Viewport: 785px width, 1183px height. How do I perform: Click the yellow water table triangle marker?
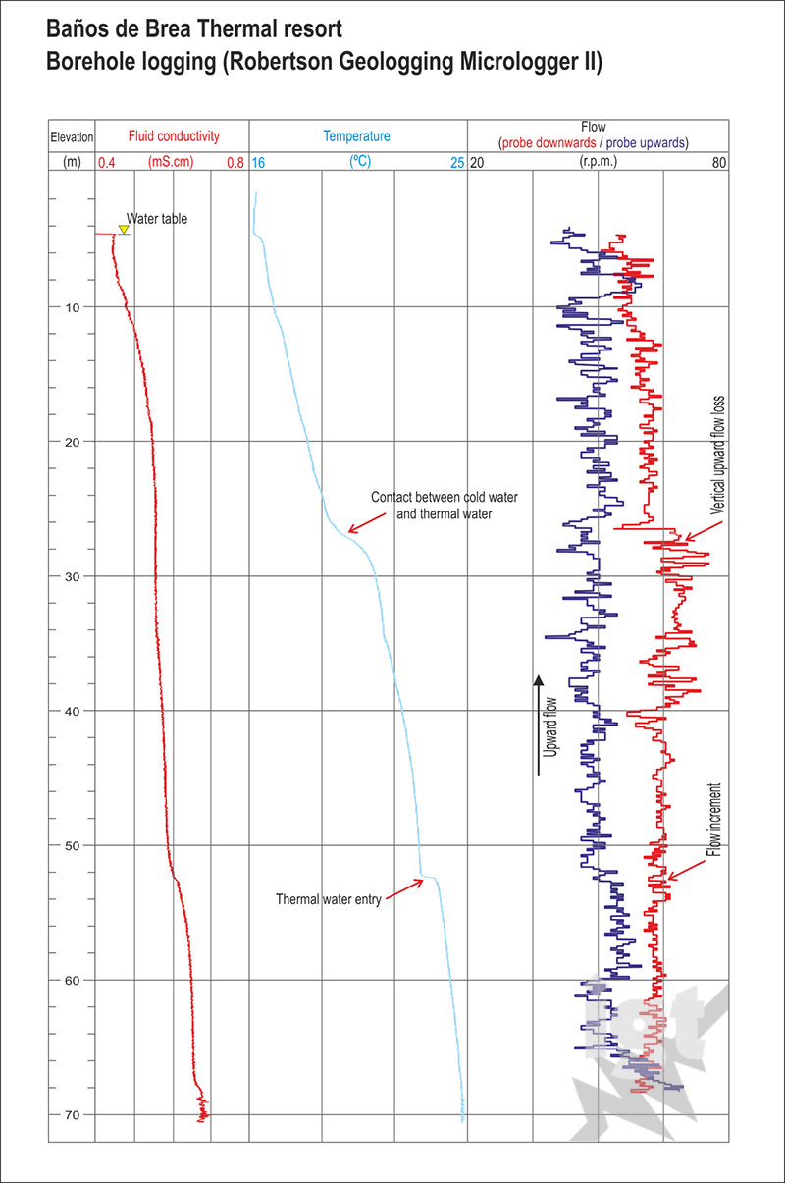[x=124, y=230]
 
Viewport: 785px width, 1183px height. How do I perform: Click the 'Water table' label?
[x=157, y=219]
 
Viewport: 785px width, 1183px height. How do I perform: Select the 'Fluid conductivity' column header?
[x=174, y=135]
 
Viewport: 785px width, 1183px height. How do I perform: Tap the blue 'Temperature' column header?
[x=357, y=135]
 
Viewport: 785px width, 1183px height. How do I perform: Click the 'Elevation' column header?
[x=73, y=136]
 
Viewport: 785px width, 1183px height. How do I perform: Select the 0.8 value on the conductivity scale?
[x=235, y=163]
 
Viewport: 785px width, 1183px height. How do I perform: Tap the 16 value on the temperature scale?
[x=259, y=163]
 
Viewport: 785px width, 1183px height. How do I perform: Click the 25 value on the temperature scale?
[x=457, y=163]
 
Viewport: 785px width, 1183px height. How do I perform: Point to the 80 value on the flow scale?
[x=719, y=163]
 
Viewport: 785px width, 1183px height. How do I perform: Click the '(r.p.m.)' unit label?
[x=598, y=162]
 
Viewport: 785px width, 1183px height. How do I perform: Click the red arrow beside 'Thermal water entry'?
[x=405, y=888]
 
